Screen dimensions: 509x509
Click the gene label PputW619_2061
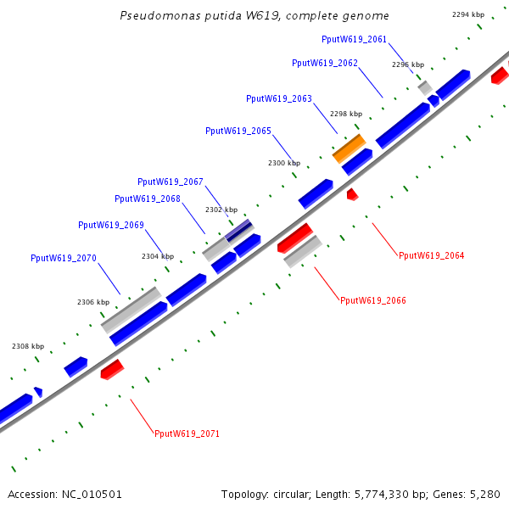click(354, 39)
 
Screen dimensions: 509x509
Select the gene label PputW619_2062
click(324, 63)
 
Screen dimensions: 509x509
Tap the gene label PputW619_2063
click(278, 98)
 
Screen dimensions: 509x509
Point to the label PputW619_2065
click(238, 131)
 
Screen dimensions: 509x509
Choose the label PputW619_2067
click(170, 182)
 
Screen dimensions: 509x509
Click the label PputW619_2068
click(147, 199)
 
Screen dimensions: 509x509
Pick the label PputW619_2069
click(110, 225)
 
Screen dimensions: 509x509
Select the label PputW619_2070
click(63, 258)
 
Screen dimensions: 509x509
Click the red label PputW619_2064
click(431, 255)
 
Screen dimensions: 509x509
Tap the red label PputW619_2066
click(372, 300)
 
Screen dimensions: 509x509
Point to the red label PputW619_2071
click(187, 433)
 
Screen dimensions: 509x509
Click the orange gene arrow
click(349, 148)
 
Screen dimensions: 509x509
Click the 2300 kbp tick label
click(283, 163)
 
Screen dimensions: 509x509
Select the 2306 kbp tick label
click(93, 302)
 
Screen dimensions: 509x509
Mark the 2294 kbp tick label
click(467, 14)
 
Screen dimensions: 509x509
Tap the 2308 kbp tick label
click(27, 346)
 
